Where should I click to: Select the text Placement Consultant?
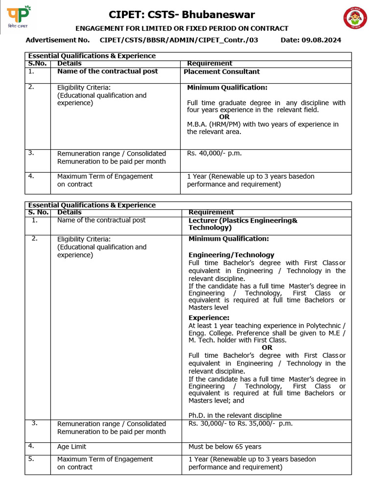pos(221,72)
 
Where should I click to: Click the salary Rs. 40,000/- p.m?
pos(214,154)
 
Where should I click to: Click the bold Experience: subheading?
pos(209,318)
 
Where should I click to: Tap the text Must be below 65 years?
pos(225,447)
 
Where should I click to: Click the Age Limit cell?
pos(71,447)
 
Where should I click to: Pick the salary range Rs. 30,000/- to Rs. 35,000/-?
pos(240,424)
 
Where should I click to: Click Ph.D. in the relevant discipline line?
pos(235,415)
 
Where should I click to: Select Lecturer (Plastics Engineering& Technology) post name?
pos(243,224)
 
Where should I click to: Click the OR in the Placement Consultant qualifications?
pos(224,117)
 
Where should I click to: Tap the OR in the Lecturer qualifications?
pos(267,347)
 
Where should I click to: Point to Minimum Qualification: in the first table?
pos(227,88)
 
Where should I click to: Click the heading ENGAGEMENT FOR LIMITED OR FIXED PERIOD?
pos(181,28)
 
